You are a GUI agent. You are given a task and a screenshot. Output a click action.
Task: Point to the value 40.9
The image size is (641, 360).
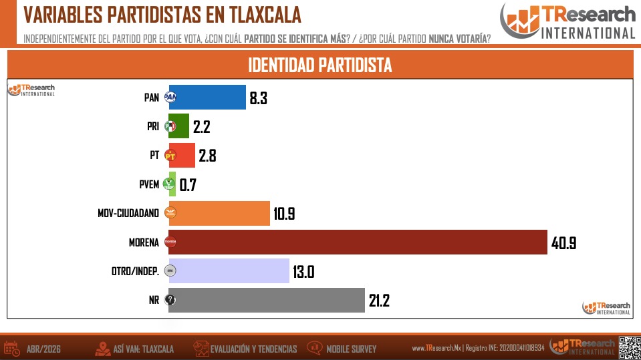pos(563,243)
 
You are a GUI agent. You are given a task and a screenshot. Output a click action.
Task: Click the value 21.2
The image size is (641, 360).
pos(379,301)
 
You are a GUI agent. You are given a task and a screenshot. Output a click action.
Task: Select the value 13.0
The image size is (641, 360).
pos(303,272)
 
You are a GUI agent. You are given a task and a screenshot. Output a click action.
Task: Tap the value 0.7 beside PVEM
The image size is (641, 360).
pos(188,185)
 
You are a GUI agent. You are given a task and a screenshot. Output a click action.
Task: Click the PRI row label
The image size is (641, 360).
pos(153,126)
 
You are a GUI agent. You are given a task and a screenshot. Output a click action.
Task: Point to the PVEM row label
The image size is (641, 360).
pos(149,184)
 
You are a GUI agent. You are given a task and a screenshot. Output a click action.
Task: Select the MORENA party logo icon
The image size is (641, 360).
pos(170,242)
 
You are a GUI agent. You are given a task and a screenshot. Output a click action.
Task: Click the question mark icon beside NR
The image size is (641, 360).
pos(170,301)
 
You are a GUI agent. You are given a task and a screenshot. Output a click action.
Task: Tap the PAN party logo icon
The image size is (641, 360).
pos(170,98)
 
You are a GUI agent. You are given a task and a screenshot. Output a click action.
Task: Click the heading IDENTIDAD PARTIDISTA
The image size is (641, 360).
pos(320,65)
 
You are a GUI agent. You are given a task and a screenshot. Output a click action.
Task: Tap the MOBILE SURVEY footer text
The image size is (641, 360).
pos(351,349)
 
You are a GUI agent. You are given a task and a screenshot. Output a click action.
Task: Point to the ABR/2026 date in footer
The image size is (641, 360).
pos(43,349)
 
